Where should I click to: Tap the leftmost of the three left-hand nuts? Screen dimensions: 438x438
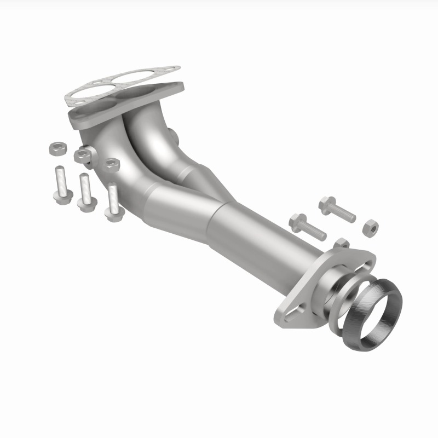56,148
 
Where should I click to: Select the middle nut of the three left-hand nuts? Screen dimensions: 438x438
82,155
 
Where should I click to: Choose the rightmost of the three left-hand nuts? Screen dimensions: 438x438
112,164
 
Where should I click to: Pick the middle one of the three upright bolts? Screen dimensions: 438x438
85,192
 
